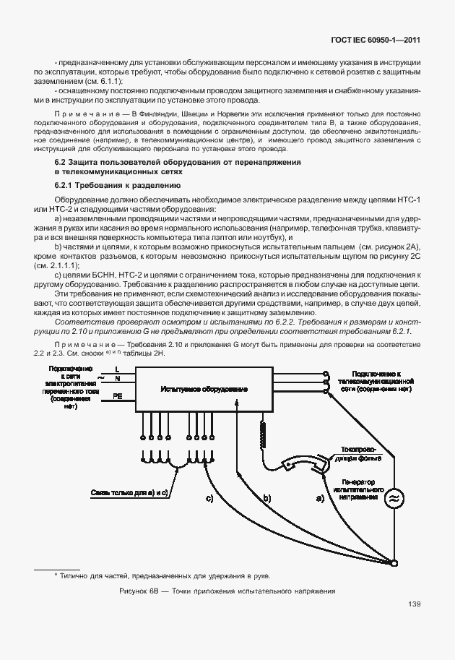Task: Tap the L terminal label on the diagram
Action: coord(118,369)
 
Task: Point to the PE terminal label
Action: coord(118,396)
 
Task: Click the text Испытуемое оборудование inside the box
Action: coord(201,389)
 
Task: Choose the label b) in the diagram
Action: coord(266,498)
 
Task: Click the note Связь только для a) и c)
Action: coord(129,492)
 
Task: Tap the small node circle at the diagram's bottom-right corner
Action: coord(395,561)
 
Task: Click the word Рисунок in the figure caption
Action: coord(134,591)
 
